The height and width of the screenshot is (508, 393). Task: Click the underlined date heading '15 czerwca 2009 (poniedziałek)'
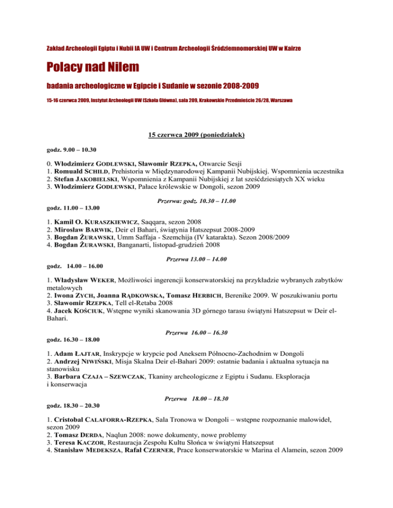196,135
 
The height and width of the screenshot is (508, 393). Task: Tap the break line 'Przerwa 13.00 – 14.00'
196,260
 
